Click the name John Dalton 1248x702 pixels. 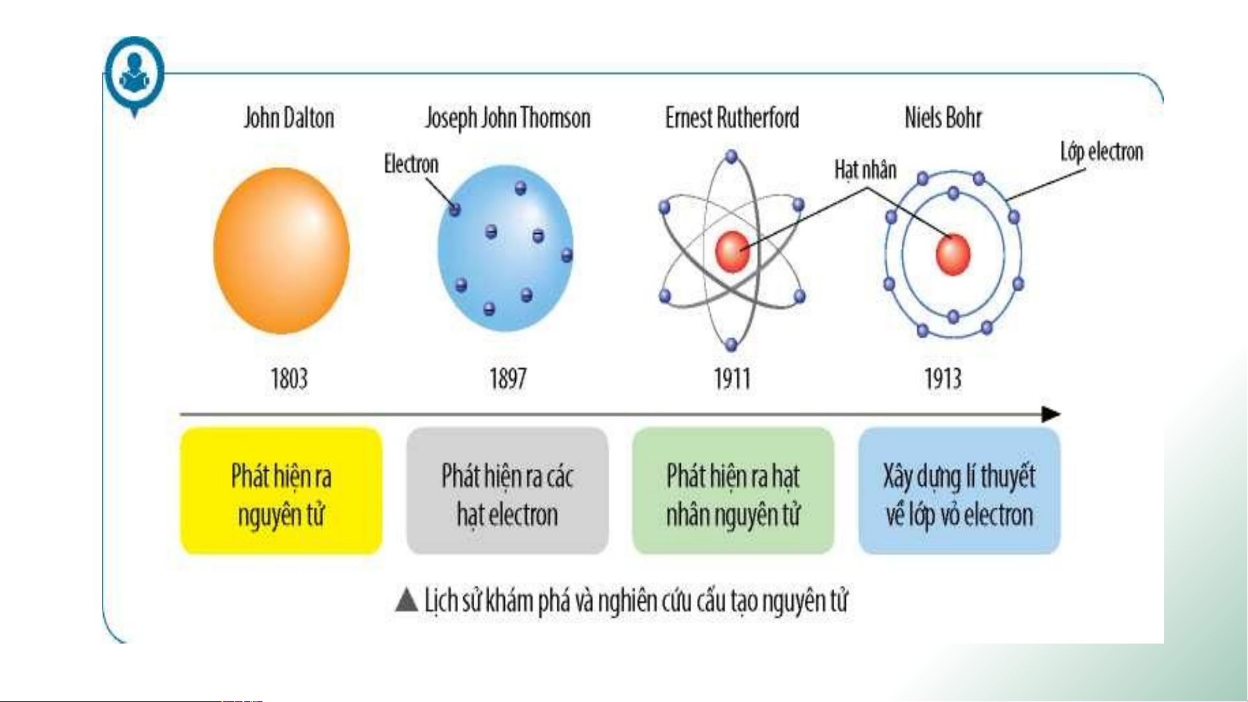tap(289, 118)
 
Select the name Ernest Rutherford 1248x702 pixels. tap(732, 118)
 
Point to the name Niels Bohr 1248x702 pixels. tap(943, 118)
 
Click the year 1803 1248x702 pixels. tap(289, 379)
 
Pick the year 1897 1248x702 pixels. tap(508, 379)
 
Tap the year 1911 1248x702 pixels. tap(732, 379)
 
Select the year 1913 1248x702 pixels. tap(943, 379)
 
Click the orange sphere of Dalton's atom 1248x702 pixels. tap(281, 251)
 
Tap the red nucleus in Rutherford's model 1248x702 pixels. tap(733, 251)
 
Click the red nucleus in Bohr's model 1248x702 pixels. tap(953, 254)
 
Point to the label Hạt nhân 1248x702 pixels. tap(865, 170)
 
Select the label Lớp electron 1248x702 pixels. tap(1102, 152)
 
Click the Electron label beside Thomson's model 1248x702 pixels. tap(411, 164)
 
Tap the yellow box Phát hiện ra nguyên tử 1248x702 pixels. tap(281, 491)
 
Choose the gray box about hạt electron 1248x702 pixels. tap(507, 491)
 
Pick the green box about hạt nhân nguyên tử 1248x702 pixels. tap(733, 491)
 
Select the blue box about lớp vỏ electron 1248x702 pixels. tap(960, 491)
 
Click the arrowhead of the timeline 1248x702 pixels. tap(1051, 414)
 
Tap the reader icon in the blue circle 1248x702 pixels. tap(135, 73)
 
